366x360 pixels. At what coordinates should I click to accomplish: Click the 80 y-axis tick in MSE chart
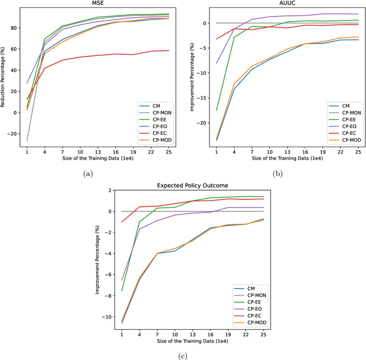click(14, 27)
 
